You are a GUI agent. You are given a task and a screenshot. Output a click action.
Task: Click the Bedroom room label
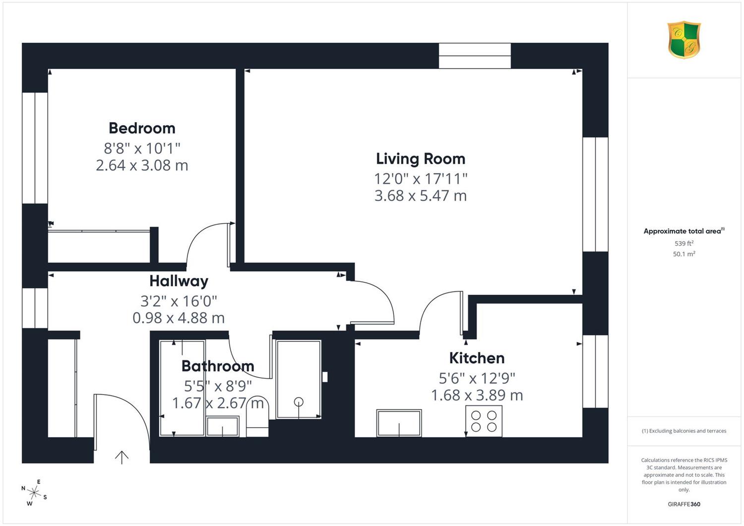tap(142, 128)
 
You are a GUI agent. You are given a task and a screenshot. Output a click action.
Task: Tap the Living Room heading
tap(421, 159)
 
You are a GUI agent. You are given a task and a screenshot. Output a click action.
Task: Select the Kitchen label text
tap(477, 358)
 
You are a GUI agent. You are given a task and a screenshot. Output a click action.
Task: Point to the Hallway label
tap(179, 281)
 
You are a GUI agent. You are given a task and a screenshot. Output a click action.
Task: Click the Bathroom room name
tap(218, 366)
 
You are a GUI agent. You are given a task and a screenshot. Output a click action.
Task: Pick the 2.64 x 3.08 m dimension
tap(142, 165)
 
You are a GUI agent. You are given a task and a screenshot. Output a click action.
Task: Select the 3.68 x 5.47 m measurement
tap(421, 196)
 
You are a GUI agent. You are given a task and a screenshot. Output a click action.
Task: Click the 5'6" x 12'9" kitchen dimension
tap(477, 378)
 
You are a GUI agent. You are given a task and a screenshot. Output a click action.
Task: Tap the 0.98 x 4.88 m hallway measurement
tap(179, 318)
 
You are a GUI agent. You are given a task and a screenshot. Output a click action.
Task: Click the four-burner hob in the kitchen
tap(484, 421)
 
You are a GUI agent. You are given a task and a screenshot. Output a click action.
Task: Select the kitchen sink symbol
tap(399, 423)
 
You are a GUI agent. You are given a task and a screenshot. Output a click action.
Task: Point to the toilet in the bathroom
tap(257, 416)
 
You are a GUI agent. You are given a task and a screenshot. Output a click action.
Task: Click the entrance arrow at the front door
tap(122, 457)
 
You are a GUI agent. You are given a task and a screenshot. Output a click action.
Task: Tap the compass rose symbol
tap(34, 492)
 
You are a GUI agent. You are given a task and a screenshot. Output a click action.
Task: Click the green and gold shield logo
tap(684, 40)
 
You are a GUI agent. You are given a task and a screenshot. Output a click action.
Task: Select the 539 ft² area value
tap(684, 243)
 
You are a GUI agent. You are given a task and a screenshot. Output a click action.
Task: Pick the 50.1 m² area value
tap(684, 254)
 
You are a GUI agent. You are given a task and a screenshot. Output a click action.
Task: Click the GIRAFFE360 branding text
tap(684, 504)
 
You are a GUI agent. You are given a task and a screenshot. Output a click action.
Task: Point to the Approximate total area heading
tap(684, 231)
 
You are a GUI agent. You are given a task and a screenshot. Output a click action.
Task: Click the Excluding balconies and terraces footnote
tap(684, 431)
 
